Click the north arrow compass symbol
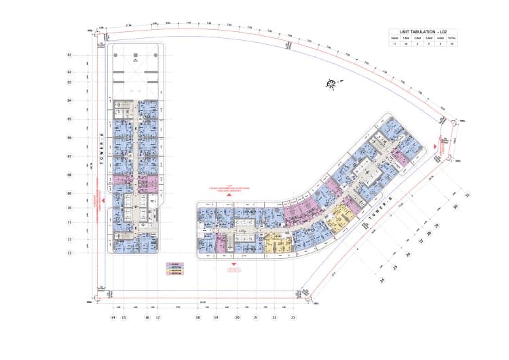(x=331, y=84)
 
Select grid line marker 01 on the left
(x=69, y=54)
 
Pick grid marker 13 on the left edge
(x=69, y=253)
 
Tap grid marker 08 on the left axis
(x=69, y=175)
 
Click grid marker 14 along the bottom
(x=113, y=317)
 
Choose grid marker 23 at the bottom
(x=293, y=317)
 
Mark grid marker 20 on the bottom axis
(x=238, y=317)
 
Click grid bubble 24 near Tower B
(x=382, y=280)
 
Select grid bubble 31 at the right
(x=467, y=195)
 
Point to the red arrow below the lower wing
(x=233, y=264)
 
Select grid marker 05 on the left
(x=69, y=119)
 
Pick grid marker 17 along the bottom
(x=157, y=317)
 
